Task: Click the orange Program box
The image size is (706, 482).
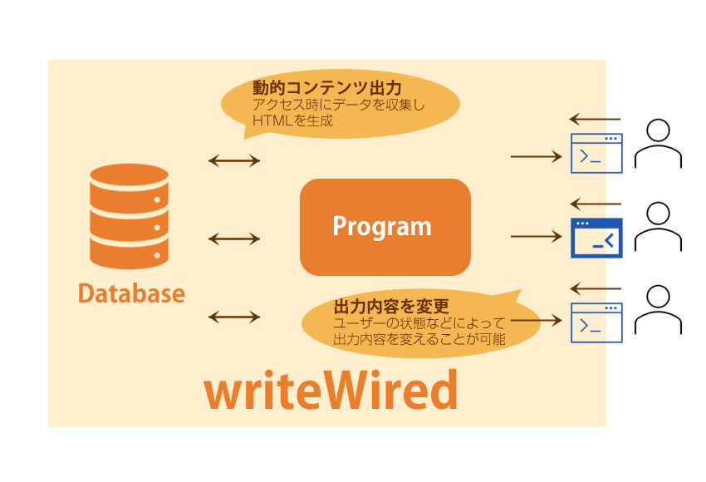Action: (385, 227)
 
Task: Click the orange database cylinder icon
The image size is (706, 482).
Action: (130, 216)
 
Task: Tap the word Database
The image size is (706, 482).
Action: (131, 293)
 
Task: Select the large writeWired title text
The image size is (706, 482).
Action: (331, 390)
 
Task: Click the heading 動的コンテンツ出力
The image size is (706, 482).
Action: (327, 87)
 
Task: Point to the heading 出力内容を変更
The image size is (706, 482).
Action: (391, 307)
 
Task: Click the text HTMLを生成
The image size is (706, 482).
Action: (292, 120)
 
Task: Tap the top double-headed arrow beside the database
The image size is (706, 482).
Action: (234, 160)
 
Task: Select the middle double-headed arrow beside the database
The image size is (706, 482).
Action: (234, 239)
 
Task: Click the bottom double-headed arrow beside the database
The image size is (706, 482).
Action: (234, 317)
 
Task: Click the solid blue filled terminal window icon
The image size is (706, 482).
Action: (596, 238)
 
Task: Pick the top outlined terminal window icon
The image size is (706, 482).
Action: (596, 153)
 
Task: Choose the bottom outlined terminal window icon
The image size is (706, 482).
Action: (596, 322)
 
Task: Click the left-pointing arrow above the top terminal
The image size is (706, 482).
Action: (595, 120)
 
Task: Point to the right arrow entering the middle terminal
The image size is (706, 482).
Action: (537, 236)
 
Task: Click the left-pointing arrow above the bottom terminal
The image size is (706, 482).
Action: (595, 288)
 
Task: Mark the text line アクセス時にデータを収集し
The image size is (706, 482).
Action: (339, 105)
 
